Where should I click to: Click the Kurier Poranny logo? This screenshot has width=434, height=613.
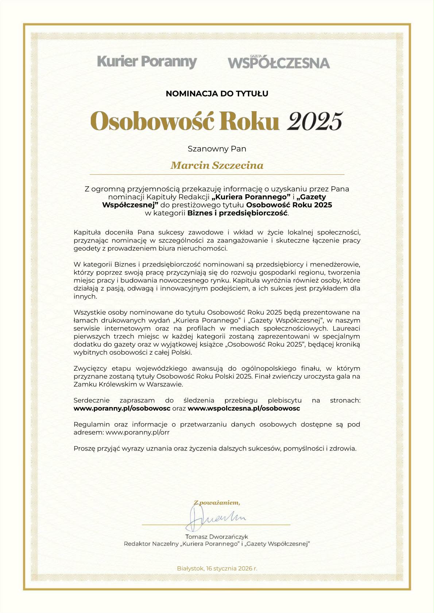pos(147,62)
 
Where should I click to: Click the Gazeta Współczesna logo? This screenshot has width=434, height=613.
pos(279,62)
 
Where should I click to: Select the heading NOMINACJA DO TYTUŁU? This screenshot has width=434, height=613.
pos(217,94)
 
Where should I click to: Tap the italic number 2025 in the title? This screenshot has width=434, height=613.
pos(314,121)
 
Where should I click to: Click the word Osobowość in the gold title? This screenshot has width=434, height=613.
pos(151,121)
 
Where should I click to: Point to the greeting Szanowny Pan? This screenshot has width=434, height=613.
pos(217,149)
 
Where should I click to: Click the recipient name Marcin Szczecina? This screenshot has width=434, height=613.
pos(217,165)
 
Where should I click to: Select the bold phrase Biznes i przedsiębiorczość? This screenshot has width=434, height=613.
pos(237,213)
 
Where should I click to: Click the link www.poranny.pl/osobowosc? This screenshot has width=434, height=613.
pos(122,408)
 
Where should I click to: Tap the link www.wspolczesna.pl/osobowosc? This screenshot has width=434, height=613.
pos(244,408)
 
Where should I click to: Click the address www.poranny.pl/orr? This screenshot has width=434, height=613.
pos(137,432)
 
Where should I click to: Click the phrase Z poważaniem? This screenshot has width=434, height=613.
pos(217,503)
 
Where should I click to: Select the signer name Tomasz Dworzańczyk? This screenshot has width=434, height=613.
pos(217,536)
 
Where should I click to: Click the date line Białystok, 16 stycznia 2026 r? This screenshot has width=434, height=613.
pos(217,568)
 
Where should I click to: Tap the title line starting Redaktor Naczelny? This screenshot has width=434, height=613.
pos(217,544)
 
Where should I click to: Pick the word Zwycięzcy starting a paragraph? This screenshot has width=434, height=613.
pos(89,368)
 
